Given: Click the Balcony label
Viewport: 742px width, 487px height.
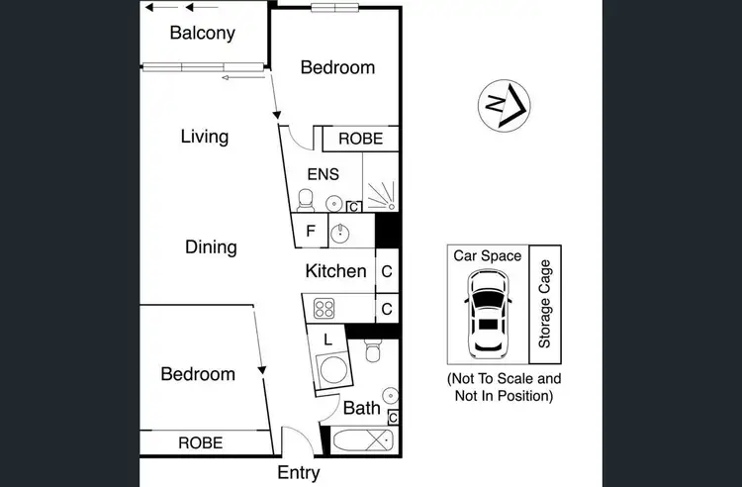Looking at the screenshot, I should click(x=202, y=33).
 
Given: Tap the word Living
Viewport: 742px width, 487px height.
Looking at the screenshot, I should click(x=205, y=137).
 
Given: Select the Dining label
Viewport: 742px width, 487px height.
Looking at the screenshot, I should click(x=211, y=246).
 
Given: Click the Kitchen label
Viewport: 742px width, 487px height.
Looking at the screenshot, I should click(x=335, y=270).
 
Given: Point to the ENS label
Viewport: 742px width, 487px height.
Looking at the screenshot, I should click(x=323, y=174).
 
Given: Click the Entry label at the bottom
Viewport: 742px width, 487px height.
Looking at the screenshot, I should click(x=298, y=474).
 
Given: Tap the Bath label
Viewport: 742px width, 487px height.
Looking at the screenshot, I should click(x=362, y=407).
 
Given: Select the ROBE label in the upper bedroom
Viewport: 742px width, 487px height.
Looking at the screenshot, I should click(x=360, y=140).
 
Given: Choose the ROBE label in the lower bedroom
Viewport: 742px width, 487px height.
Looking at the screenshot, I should click(x=200, y=442).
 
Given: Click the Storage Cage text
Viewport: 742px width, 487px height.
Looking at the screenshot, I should click(x=544, y=304).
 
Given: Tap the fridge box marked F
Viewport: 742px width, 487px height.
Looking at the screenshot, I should click(x=311, y=233).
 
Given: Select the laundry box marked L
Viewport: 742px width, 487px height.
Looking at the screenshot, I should click(x=327, y=339).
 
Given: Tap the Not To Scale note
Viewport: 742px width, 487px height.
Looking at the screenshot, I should click(x=504, y=386).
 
